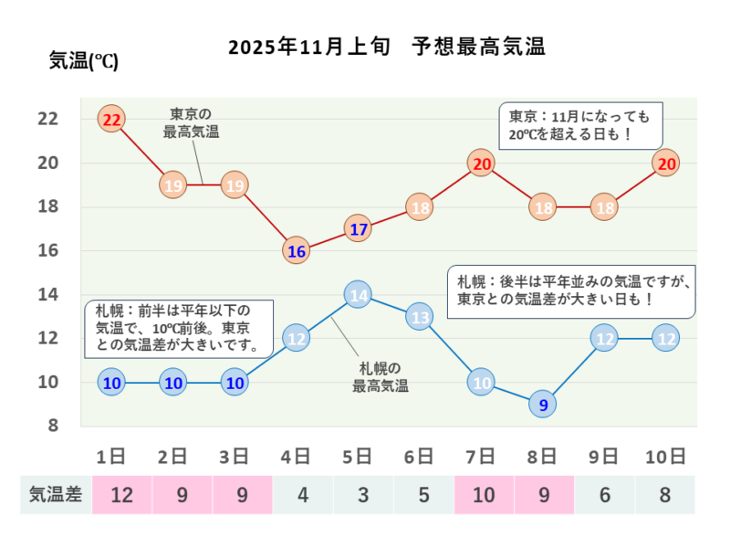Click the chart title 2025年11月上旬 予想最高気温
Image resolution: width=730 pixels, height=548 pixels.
386,47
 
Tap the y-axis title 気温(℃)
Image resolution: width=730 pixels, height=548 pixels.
83,62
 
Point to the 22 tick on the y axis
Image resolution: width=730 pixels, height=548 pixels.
47,119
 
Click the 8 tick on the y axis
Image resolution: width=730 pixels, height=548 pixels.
53,426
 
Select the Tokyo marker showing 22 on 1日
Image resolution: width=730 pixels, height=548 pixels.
112,120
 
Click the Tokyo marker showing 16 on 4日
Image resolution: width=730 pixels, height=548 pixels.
297,250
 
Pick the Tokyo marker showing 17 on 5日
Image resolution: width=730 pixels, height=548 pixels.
359,228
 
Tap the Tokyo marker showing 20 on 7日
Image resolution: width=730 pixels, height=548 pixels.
482,163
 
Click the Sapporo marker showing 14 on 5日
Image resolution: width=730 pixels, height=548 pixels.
359,295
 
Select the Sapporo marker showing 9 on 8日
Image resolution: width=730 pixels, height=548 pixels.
544,404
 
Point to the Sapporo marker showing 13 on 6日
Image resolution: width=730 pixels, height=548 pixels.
420,317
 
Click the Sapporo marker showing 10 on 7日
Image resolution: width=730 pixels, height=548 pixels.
482,382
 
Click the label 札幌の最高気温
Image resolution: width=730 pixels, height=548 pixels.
381,377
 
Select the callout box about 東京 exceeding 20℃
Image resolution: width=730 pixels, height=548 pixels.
579,126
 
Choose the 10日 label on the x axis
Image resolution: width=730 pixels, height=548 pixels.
666,456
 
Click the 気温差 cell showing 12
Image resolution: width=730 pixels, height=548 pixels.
122,495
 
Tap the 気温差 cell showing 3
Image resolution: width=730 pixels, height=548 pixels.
363,495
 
